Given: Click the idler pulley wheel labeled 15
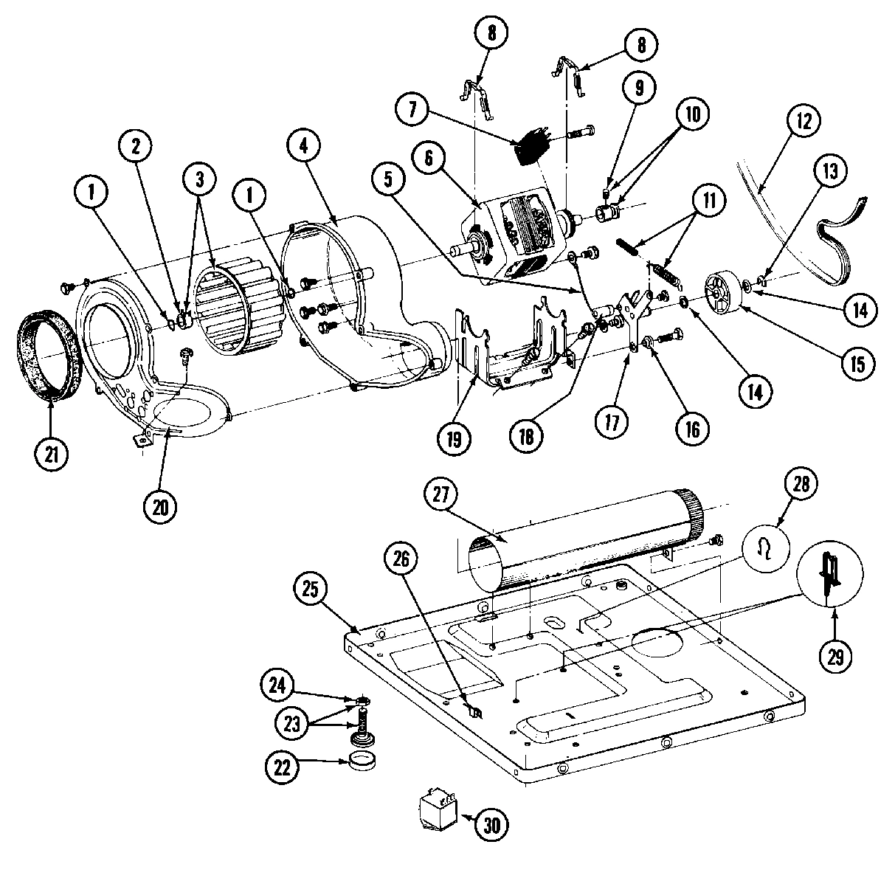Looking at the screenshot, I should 722,294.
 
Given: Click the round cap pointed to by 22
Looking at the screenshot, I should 361,762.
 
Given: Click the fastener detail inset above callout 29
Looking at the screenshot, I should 833,573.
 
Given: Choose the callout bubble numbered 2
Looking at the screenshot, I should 135,146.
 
